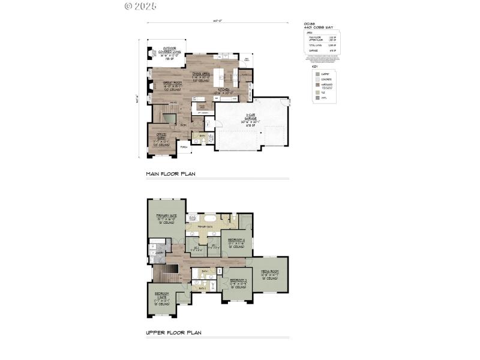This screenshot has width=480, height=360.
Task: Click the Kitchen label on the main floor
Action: tap(224, 91)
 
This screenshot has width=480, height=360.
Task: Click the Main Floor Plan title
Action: tap(171, 174)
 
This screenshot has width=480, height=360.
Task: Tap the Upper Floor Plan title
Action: tap(173, 332)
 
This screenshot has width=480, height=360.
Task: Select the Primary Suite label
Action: tap(166, 218)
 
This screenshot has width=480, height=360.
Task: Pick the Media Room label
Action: tap(269, 274)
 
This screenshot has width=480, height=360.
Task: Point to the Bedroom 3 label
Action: tap(238, 281)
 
